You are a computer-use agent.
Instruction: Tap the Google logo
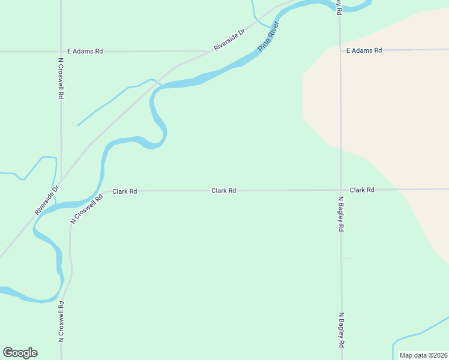pyautogui.click(x=20, y=353)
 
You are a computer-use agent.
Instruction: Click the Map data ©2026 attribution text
pyautogui.click(x=423, y=355)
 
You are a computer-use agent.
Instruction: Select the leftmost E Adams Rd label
pyautogui.click(x=85, y=52)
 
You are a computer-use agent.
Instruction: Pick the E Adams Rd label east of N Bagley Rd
pyautogui.click(x=364, y=50)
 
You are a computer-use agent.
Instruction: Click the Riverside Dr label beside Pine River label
pyautogui.click(x=230, y=40)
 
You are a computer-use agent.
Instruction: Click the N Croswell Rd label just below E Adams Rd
pyautogui.click(x=61, y=78)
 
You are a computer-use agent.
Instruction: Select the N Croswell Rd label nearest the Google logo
pyautogui.click(x=61, y=322)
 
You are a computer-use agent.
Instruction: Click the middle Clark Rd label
pyautogui.click(x=223, y=190)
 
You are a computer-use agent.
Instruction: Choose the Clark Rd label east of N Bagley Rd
pyautogui.click(x=362, y=190)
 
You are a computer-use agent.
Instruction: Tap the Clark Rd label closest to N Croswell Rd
pyautogui.click(x=125, y=191)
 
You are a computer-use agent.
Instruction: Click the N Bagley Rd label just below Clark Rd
pyautogui.click(x=341, y=214)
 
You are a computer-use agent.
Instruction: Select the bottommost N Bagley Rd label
pyautogui.click(x=341, y=330)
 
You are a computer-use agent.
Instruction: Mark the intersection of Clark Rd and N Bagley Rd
pyautogui.click(x=341, y=190)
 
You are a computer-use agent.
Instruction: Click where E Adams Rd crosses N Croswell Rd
pyautogui.click(x=61, y=52)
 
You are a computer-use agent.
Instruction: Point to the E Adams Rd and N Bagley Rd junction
pyautogui.click(x=340, y=50)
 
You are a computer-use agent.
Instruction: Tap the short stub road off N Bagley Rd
pyautogui.click(x=346, y=258)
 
